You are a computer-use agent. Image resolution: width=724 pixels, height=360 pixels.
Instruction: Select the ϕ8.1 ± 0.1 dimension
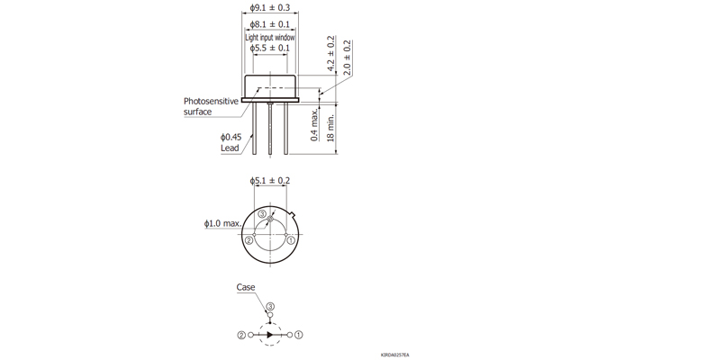271,24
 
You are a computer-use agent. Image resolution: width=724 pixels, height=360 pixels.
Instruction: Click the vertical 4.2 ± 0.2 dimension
330,56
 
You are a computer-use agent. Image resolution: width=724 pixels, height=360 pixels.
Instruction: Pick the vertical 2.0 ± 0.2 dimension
347,56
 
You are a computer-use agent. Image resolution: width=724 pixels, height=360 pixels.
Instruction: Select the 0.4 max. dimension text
314,125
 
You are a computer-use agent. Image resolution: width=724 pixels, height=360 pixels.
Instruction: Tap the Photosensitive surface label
210,106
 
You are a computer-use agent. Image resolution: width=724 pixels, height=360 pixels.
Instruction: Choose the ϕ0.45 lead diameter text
231,136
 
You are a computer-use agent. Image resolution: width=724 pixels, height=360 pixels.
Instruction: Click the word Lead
231,148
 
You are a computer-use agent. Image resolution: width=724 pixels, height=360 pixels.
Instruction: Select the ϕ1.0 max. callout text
222,222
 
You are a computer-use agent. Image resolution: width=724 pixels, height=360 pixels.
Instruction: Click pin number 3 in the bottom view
262,214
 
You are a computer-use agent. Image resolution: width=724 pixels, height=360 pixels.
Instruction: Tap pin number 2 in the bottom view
249,240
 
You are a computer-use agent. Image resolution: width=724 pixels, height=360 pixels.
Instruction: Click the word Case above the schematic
246,288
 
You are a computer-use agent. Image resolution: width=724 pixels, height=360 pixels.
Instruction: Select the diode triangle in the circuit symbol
269,334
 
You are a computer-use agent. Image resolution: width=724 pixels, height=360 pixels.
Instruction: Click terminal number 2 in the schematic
241,334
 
